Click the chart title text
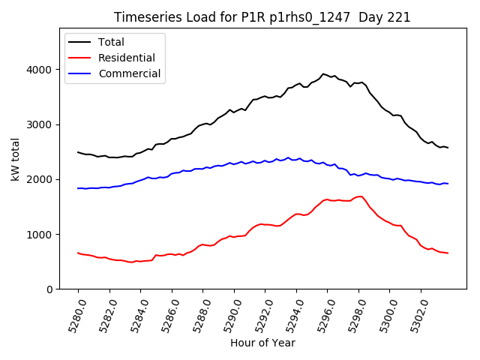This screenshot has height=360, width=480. coord(262,17)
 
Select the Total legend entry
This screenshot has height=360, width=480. coord(111,42)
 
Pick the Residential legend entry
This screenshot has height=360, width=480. coord(124,58)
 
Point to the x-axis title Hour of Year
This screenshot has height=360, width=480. coord(262,343)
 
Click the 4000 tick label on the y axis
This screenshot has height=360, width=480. coord(42,70)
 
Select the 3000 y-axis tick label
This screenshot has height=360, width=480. coord(42,124)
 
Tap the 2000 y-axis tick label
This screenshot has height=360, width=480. coord(42,179)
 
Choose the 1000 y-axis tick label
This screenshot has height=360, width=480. coord(42,234)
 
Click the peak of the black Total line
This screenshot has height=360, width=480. coord(323,73)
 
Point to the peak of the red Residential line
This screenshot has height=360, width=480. coord(361,196)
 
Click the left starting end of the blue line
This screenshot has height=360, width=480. coord(78,188)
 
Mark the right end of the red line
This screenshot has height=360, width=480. coord(448,253)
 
